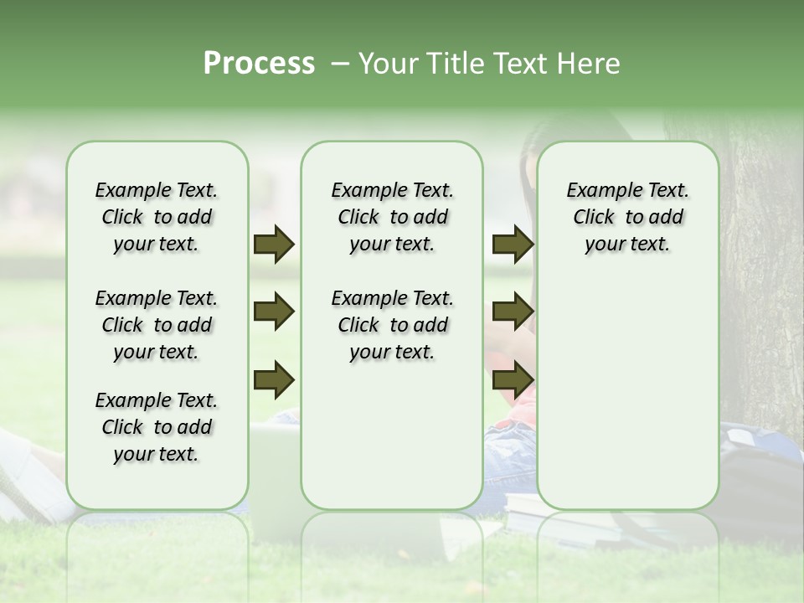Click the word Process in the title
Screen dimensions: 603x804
259,64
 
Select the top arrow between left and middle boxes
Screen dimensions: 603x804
274,245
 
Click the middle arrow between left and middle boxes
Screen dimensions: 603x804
274,312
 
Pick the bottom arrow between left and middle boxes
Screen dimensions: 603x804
274,379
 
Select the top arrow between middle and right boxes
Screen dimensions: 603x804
512,245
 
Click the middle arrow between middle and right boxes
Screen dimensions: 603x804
512,312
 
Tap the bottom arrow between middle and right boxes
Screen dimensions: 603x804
512,379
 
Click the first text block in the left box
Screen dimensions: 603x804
157,217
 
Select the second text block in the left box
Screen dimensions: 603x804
157,325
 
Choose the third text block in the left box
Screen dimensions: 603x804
157,427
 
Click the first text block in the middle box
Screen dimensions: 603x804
392,217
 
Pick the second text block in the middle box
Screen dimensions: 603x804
392,325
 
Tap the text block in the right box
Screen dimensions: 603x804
627,217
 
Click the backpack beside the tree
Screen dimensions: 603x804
758,469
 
